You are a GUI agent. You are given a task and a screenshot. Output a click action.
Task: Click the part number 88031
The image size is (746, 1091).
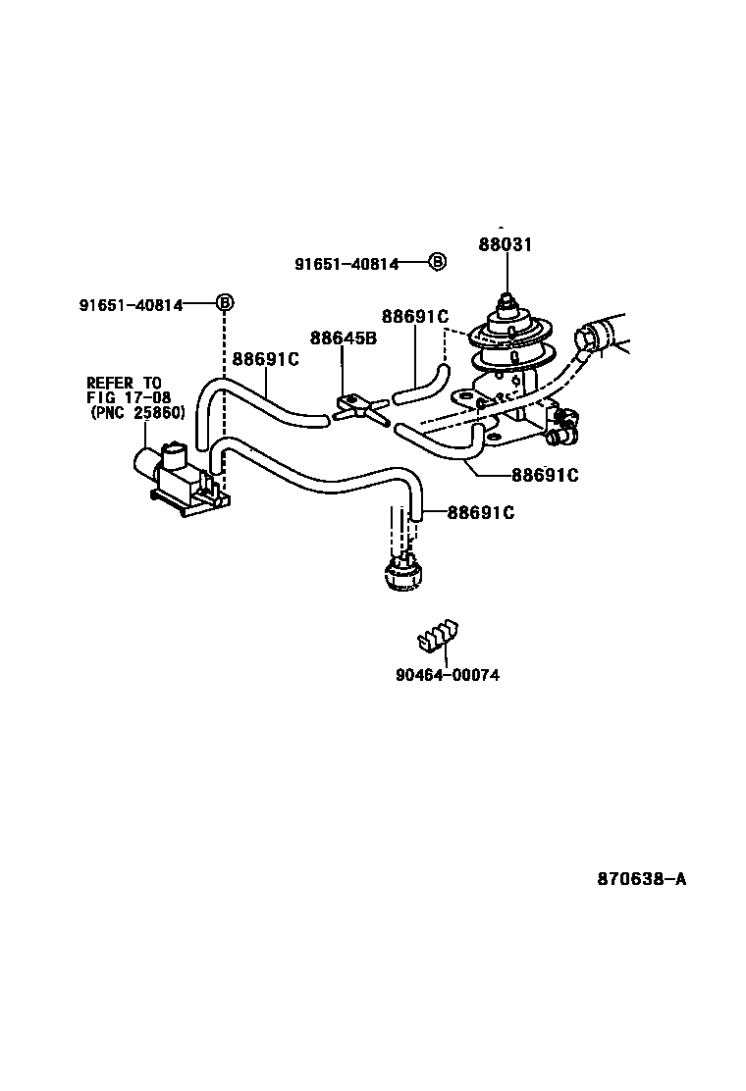[x=506, y=244]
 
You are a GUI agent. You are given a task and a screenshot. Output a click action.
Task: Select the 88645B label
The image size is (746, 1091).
[x=344, y=338]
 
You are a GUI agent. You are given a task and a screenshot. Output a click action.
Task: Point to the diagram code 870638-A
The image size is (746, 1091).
[x=641, y=879]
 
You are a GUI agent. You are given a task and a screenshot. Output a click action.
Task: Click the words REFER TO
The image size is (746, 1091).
[x=124, y=383]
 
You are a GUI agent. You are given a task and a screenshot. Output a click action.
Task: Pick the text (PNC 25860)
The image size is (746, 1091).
[x=137, y=413]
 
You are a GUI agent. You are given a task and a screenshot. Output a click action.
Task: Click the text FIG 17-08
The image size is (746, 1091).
[x=129, y=397]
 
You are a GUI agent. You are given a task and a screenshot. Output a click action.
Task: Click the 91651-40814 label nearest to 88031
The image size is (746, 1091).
[x=346, y=263]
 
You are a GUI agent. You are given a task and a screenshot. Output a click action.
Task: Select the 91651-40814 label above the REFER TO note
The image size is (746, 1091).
[x=132, y=305]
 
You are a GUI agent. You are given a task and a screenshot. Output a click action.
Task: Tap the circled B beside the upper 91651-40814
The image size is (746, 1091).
[x=437, y=262]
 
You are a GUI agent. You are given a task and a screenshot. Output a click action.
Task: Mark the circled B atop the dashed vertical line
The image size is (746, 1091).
[x=224, y=303]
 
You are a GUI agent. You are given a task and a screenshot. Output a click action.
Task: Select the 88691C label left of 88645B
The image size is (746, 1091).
[x=265, y=359]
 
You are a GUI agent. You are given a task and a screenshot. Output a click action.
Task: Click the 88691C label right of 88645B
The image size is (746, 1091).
[x=414, y=316]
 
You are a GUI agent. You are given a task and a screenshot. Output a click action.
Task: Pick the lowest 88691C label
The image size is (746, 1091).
[x=481, y=512]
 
